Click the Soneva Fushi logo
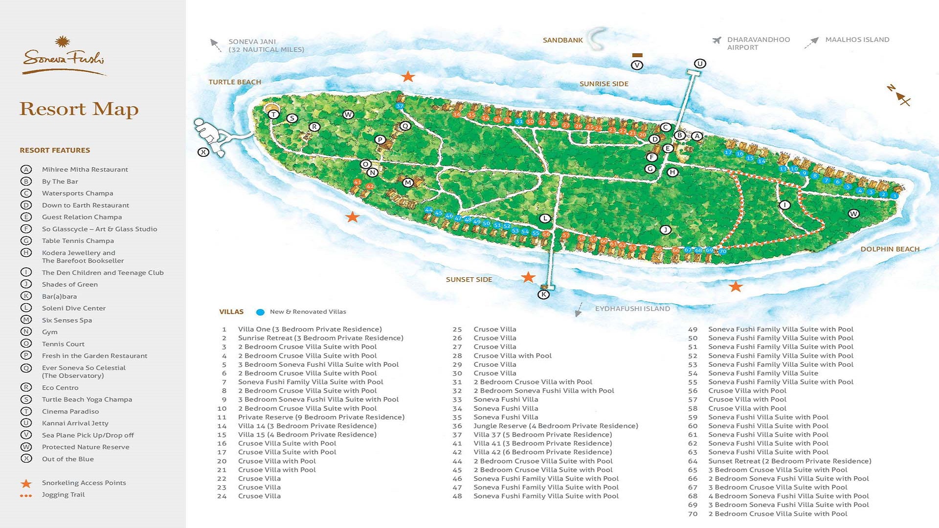pos(64,56)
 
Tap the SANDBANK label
pos(562,40)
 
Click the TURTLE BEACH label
pos(235,82)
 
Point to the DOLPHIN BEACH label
pos(890,249)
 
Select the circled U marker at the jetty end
pos(700,64)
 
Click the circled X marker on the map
pos(203,152)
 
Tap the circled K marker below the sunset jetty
pos(543,294)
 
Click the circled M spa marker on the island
pos(408,182)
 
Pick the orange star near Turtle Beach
pos(408,77)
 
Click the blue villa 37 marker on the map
pos(400,106)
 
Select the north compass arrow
pos(899,95)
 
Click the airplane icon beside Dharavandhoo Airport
pos(717,40)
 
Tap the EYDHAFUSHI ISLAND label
pos(632,308)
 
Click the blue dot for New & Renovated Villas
pos(260,312)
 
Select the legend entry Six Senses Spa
pos(67,320)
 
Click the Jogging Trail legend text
pos(63,494)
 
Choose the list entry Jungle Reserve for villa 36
pos(556,426)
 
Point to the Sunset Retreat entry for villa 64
pos(789,461)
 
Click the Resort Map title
pos(79,109)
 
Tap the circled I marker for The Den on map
pos(784,205)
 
